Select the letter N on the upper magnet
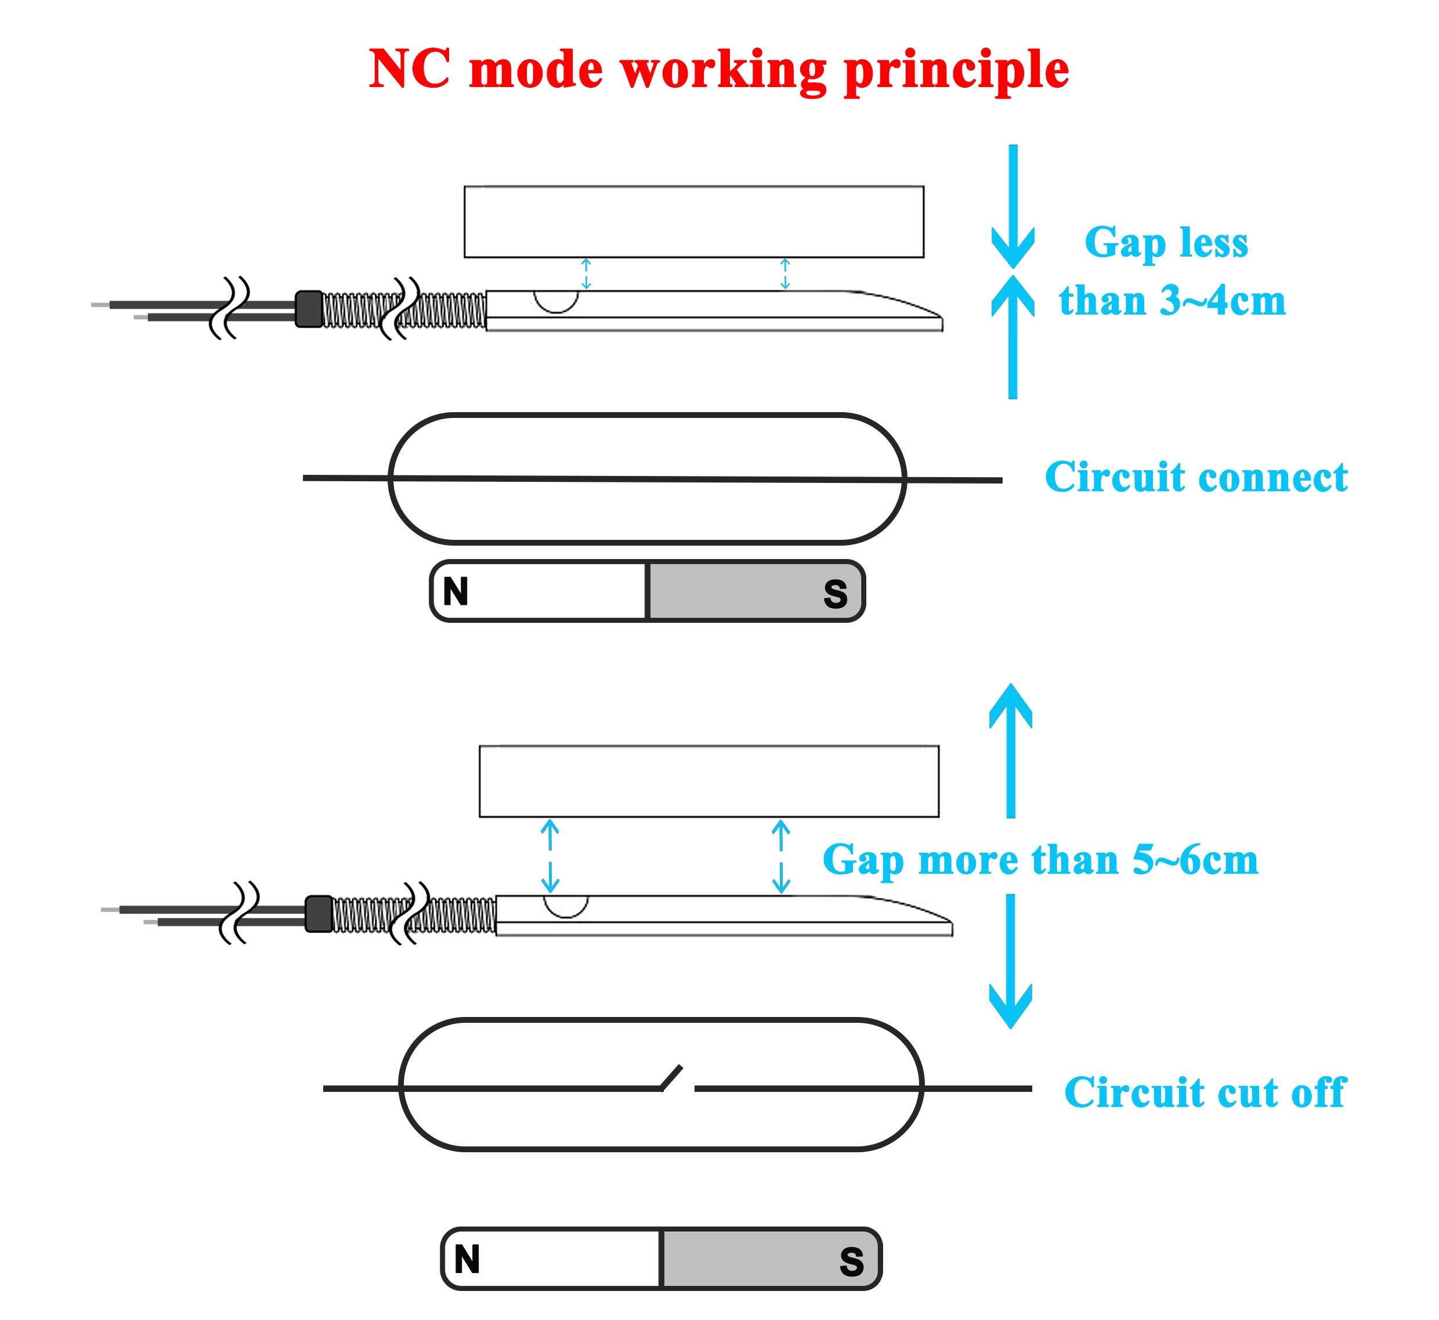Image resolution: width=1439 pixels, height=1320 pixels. coord(455,592)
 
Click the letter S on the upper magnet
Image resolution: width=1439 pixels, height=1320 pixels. coord(835,594)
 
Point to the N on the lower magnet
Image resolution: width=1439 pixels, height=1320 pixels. coord(467,1259)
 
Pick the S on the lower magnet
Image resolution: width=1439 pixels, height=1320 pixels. coord(851,1262)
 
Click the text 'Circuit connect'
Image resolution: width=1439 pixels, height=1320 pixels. coord(1196,477)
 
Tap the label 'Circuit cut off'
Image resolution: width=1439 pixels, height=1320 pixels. coord(1205,1093)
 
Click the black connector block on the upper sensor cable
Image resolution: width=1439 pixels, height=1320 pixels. coord(309,309)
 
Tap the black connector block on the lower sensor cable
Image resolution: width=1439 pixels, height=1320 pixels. coord(319,914)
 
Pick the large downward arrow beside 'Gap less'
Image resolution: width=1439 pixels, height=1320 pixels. coord(1013,207)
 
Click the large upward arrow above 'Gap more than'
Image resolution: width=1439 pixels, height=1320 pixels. coord(1011,750)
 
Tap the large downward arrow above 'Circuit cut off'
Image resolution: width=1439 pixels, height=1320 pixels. coord(1011,961)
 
